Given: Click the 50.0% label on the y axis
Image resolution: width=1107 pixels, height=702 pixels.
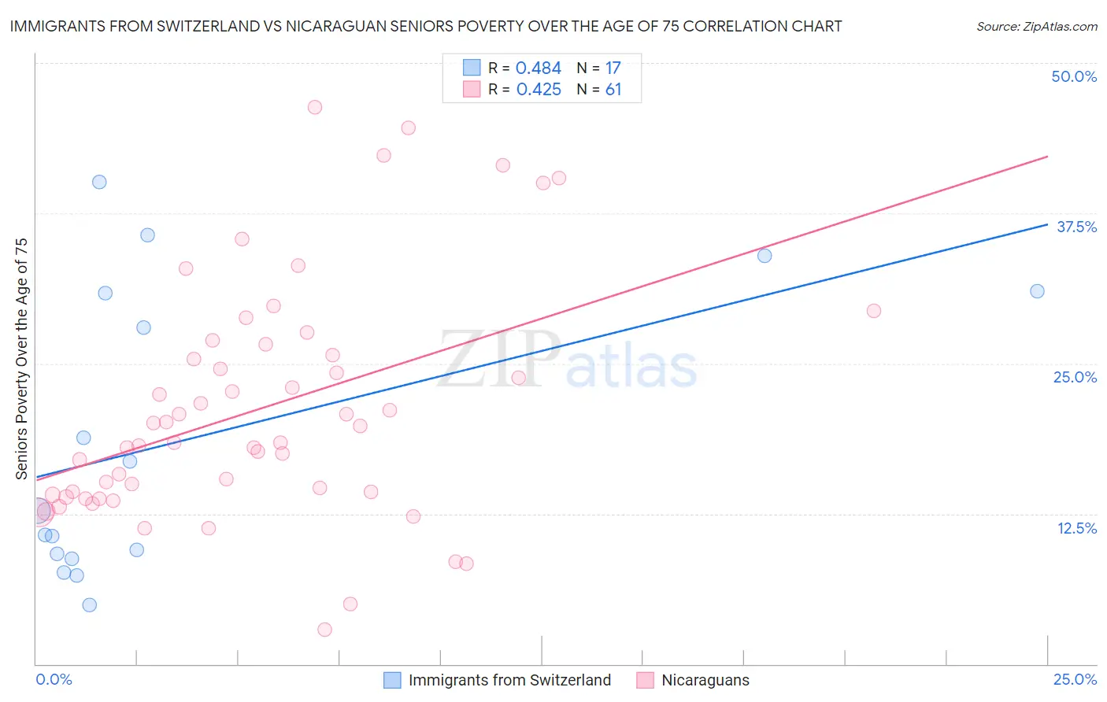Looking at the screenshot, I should point(1074,77).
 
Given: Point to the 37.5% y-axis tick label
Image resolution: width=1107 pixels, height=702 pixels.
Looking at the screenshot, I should point(1076,227).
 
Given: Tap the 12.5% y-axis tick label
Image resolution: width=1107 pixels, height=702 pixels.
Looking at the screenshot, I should point(1076,528).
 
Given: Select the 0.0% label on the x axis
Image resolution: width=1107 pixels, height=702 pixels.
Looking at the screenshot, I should point(54,679).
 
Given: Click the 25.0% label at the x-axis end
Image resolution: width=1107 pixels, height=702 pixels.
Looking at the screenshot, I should point(1075,679).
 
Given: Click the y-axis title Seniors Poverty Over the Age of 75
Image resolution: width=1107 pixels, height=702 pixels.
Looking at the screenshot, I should point(22,358).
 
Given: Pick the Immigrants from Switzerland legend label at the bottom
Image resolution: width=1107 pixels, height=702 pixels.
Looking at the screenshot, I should point(509,680).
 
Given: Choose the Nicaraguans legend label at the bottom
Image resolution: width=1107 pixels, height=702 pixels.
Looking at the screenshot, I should point(705,680).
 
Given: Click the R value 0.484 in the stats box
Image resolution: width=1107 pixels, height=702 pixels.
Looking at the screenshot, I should point(539,68).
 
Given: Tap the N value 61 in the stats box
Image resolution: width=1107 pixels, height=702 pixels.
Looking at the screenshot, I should point(613,90).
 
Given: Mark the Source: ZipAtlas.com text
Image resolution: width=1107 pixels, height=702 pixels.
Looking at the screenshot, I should point(1036,27).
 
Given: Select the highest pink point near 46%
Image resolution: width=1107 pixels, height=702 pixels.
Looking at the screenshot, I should point(315,107).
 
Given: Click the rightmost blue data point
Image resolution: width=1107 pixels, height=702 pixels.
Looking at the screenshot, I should point(1037,291).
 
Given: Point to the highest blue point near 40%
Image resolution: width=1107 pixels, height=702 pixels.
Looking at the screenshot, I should point(99,182).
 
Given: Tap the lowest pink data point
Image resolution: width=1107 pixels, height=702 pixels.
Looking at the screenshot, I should point(324,630).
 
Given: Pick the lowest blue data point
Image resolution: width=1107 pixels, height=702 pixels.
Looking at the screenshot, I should point(90,605).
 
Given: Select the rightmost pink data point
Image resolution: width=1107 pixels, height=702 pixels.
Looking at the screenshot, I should point(873,311).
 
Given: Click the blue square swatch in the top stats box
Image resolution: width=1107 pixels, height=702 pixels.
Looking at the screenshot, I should point(472,68).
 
